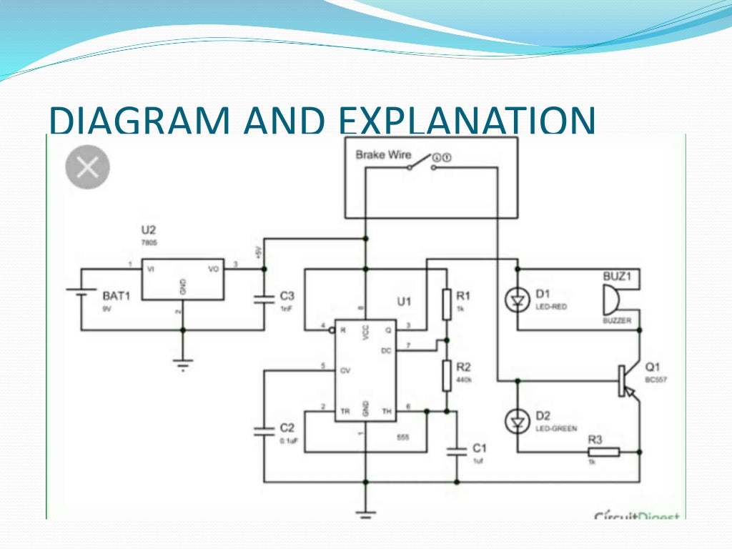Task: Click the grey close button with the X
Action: [87, 168]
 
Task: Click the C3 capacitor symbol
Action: [264, 299]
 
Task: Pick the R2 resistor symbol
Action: [446, 375]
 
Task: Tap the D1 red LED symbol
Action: [516, 300]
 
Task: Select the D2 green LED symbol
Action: [516, 422]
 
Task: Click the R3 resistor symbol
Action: [603, 452]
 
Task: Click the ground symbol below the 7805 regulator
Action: [184, 362]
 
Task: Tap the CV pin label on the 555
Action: [345, 370]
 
